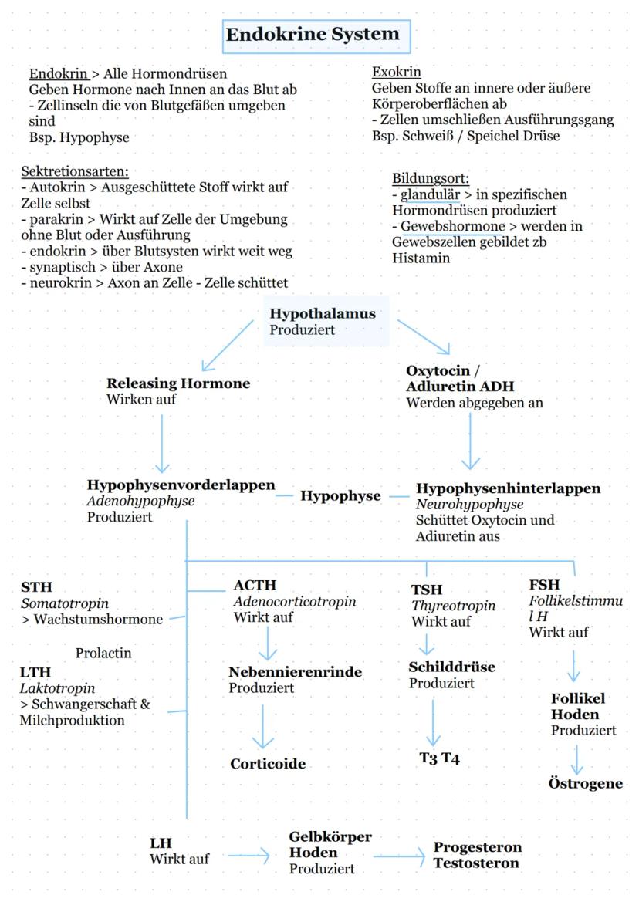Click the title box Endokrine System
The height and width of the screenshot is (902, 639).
(x=312, y=35)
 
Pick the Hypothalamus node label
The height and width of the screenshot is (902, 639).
(x=322, y=314)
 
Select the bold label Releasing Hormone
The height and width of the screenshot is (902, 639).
(x=178, y=383)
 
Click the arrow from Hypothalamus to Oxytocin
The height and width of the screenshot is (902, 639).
(x=425, y=336)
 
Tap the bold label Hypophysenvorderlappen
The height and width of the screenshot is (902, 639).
(x=181, y=485)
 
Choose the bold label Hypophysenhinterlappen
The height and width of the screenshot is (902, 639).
(x=508, y=488)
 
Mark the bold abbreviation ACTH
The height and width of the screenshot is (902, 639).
(x=254, y=586)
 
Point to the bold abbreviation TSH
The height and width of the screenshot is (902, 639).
(x=426, y=590)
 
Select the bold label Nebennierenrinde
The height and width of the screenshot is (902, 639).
(x=295, y=672)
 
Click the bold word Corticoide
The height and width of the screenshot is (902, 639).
(x=268, y=764)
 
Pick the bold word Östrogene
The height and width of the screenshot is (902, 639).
(x=587, y=784)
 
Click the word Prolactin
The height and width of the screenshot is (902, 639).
(x=103, y=654)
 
